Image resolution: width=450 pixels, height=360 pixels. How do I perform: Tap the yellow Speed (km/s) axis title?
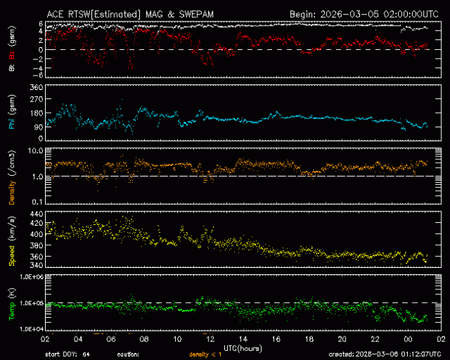click(12, 240)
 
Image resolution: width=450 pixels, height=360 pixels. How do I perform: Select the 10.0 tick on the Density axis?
click(35, 150)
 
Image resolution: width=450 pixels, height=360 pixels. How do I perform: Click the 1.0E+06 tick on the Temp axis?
click(31, 276)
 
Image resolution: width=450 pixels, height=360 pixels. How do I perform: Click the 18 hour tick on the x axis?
click(309, 339)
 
